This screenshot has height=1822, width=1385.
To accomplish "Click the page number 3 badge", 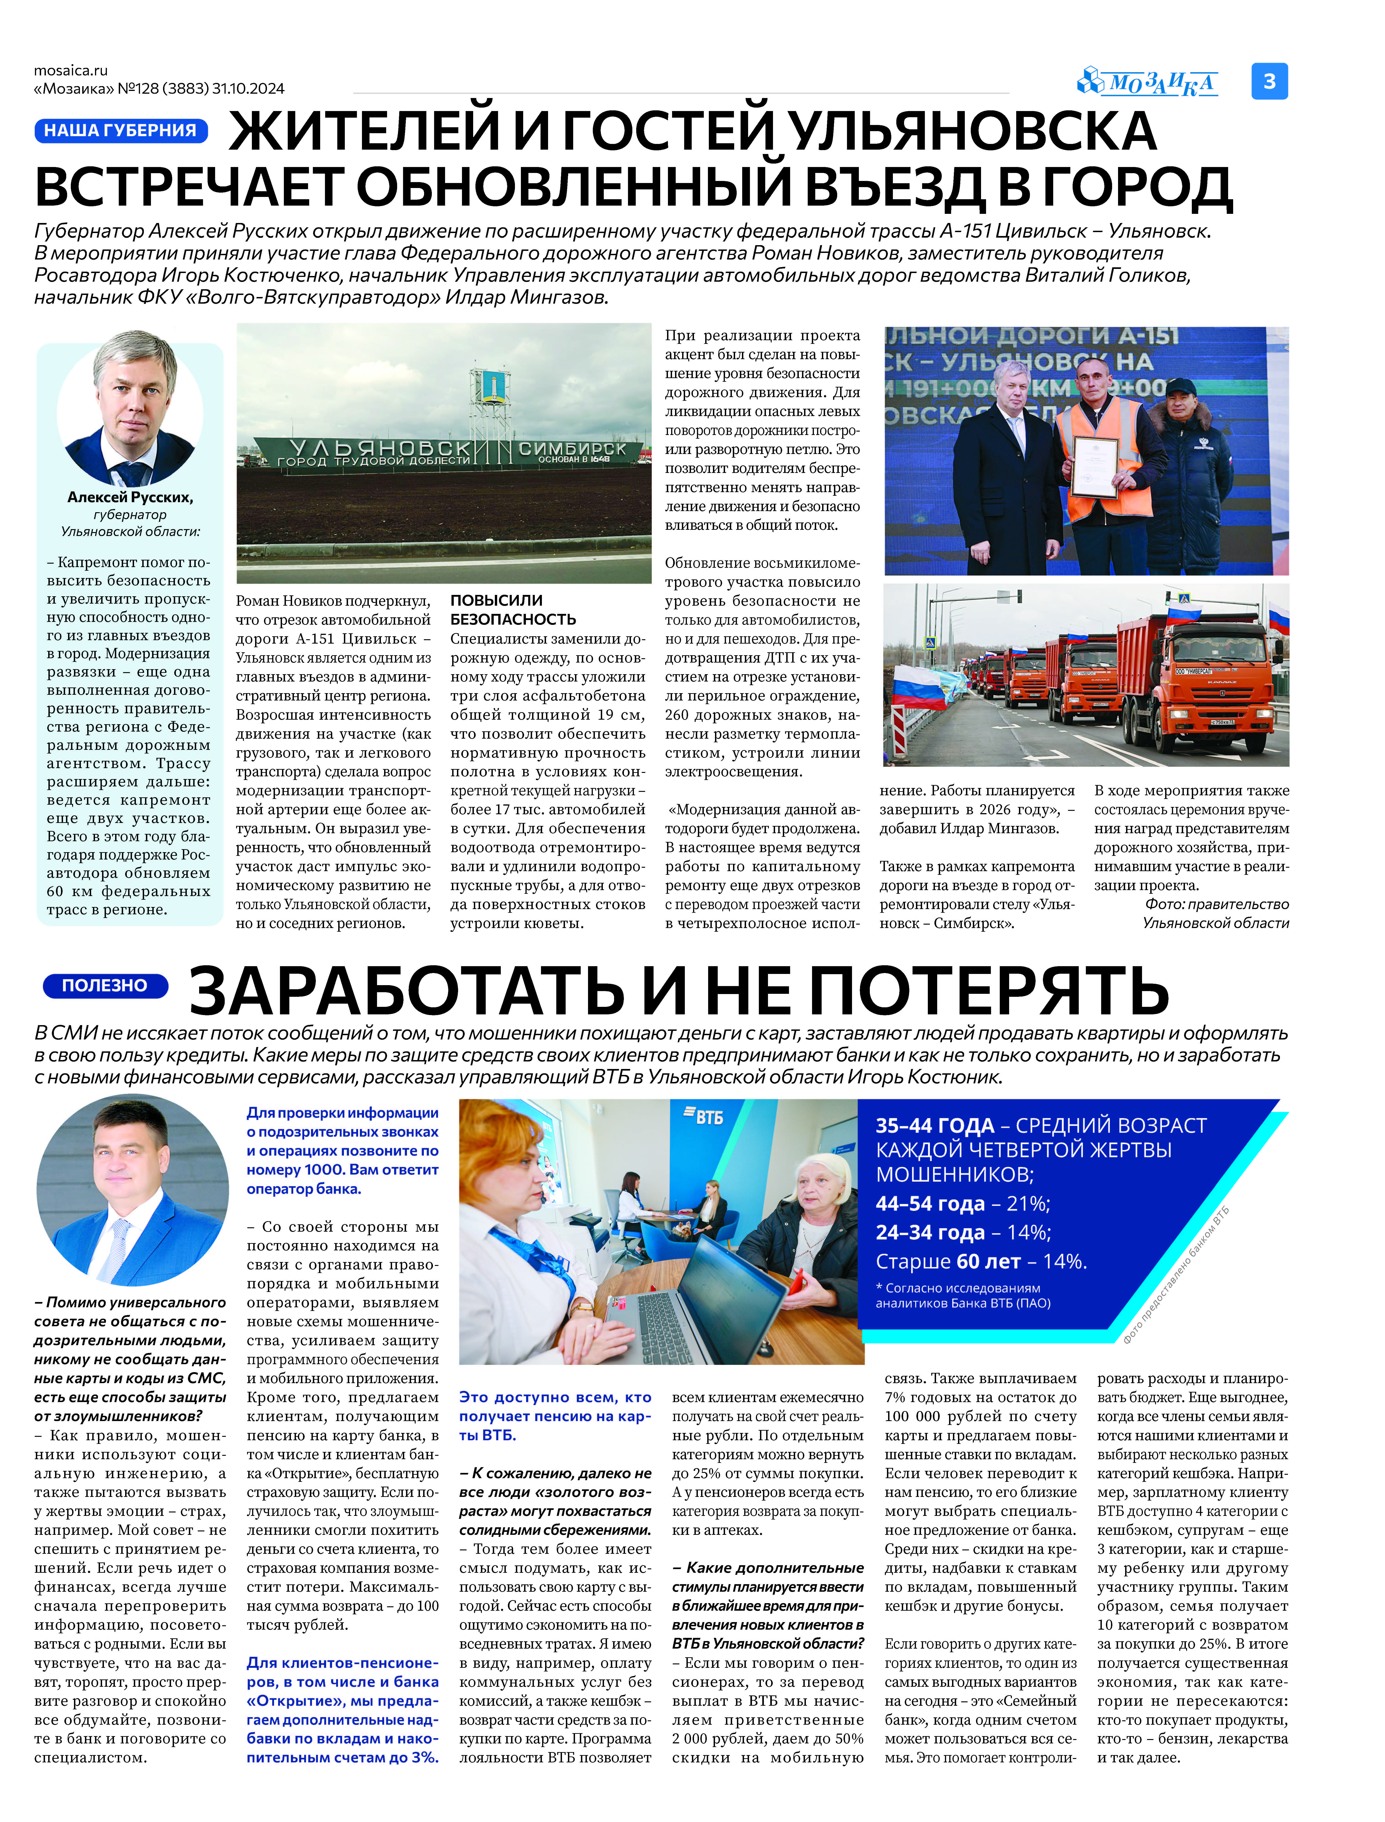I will (x=1269, y=81).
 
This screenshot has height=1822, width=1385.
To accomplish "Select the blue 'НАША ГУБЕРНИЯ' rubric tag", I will (x=120, y=130).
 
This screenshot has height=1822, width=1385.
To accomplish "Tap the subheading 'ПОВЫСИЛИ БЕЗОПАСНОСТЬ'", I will (x=513, y=610).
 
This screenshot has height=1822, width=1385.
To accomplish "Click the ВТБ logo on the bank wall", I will (x=703, y=1117).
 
